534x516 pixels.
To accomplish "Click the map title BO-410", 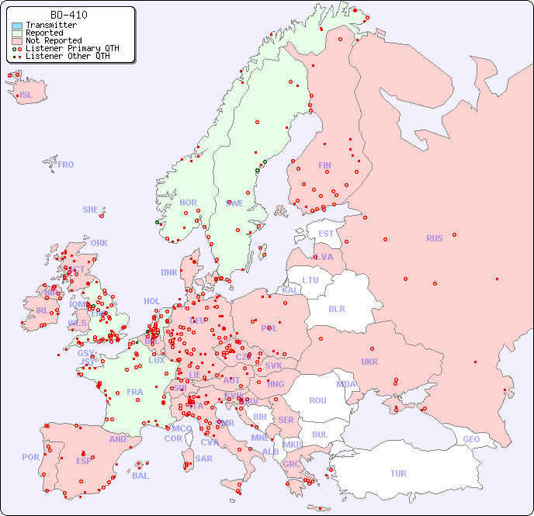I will [x=68, y=15].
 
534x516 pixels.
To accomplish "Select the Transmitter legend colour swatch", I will [x=17, y=26].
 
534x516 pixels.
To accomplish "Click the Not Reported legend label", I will [x=53, y=40].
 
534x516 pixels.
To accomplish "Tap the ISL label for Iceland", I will [x=26, y=95].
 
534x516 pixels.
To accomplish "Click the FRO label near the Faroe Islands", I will [x=66, y=164].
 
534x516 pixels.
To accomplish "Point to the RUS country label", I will [x=434, y=238].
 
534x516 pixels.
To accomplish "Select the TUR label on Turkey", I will [x=398, y=473].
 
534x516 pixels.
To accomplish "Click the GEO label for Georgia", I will [x=471, y=439].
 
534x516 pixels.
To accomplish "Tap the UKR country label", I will [x=369, y=362].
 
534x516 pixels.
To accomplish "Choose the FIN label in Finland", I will [x=324, y=165].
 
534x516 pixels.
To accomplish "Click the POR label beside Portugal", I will [x=30, y=457].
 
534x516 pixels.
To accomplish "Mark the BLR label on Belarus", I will [x=336, y=308].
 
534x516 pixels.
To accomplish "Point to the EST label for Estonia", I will [x=326, y=234].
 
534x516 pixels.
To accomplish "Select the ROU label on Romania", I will [x=317, y=400].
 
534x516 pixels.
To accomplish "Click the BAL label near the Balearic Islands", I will [x=140, y=476].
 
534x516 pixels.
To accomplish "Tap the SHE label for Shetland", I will [x=91, y=210].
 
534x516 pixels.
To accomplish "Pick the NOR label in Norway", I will [x=188, y=203].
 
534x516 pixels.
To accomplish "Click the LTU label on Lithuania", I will [x=310, y=280].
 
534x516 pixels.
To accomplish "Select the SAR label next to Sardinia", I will [x=203, y=459].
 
